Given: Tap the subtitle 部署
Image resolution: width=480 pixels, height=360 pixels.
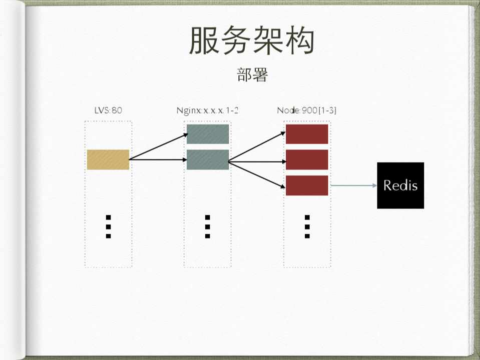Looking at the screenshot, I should [252, 74].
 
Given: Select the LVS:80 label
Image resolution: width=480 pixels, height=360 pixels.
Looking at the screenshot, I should [108, 110].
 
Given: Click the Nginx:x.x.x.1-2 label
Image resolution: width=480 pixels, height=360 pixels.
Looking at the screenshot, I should [207, 110].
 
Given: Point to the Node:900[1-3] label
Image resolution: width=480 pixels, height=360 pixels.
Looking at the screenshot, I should [306, 110].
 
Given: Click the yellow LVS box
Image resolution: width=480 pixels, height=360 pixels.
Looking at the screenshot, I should [108, 159].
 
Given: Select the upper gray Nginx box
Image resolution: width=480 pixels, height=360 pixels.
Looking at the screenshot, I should [208, 134].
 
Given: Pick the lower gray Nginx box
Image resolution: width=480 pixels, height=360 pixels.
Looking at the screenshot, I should [208, 159].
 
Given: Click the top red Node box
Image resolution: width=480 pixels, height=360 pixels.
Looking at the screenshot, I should [306, 134].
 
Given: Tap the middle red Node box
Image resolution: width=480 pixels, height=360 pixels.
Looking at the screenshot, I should [306, 159].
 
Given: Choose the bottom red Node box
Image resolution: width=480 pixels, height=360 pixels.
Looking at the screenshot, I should [306, 185].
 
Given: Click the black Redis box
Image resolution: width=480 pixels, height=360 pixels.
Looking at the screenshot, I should [400, 185].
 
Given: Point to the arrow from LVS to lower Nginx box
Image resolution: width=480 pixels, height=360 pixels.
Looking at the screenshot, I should [158, 160].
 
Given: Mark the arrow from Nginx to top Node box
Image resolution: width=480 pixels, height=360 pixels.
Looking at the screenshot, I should [257, 147].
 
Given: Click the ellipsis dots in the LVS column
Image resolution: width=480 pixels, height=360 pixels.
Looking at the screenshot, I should [108, 226].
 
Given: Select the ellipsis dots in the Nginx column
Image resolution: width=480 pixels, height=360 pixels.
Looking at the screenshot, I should [207, 226].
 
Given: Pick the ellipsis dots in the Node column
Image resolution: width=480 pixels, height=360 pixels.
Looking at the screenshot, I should [307, 226].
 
